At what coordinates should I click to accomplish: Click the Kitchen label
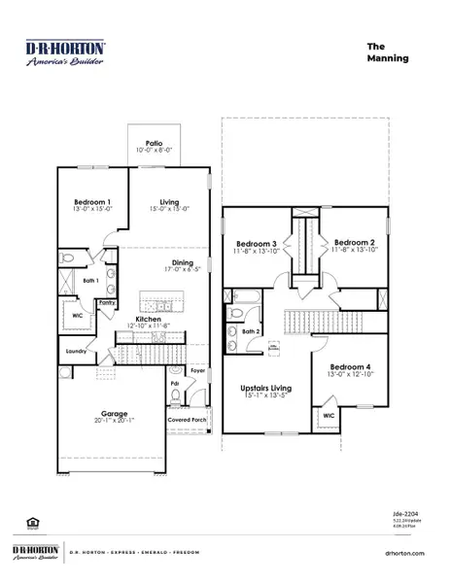[x=148, y=319]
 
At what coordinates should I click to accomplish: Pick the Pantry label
[x=107, y=302]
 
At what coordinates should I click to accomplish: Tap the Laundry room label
[x=78, y=352]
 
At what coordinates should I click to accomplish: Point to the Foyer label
[x=198, y=369]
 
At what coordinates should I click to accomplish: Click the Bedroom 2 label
[x=355, y=243]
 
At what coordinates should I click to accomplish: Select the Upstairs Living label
[x=264, y=389]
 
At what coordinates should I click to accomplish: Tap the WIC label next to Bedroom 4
[x=329, y=416]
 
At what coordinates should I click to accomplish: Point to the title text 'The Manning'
[x=386, y=51]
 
